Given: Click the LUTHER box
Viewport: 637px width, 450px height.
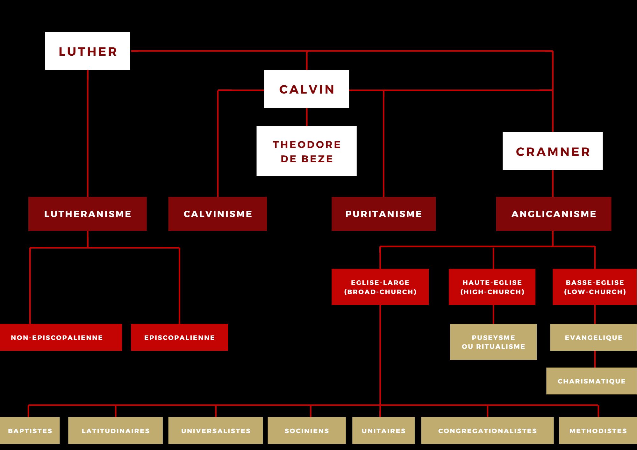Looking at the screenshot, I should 87,51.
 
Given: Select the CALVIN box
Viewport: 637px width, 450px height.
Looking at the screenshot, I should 306,89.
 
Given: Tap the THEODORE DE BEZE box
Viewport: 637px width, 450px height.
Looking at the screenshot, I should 306,151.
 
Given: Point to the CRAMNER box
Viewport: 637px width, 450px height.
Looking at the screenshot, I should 553,151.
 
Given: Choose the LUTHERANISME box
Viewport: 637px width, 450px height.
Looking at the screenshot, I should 87,214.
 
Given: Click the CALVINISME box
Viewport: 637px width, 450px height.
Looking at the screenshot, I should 218,214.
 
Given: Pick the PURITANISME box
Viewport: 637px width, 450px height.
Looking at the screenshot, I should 383,214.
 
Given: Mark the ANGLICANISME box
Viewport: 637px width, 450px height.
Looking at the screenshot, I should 554,214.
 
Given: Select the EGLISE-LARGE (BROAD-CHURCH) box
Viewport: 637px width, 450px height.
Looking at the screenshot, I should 380,287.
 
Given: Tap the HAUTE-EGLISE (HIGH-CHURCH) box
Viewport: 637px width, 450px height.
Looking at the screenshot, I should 492,287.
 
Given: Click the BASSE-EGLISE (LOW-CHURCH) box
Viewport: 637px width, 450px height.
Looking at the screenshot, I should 595,287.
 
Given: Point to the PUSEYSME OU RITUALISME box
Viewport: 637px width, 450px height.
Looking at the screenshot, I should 493,342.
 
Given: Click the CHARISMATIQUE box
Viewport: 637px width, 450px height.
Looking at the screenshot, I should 591,381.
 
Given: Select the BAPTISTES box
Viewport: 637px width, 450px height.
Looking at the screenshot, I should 30,431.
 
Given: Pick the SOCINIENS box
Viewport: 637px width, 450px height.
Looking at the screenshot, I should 307,431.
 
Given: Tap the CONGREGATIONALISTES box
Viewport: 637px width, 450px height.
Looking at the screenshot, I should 487,431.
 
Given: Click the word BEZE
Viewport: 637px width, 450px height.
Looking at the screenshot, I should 317,159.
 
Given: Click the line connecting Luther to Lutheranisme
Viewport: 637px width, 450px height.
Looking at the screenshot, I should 88,134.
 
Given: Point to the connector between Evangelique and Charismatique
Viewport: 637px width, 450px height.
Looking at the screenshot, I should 595,359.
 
